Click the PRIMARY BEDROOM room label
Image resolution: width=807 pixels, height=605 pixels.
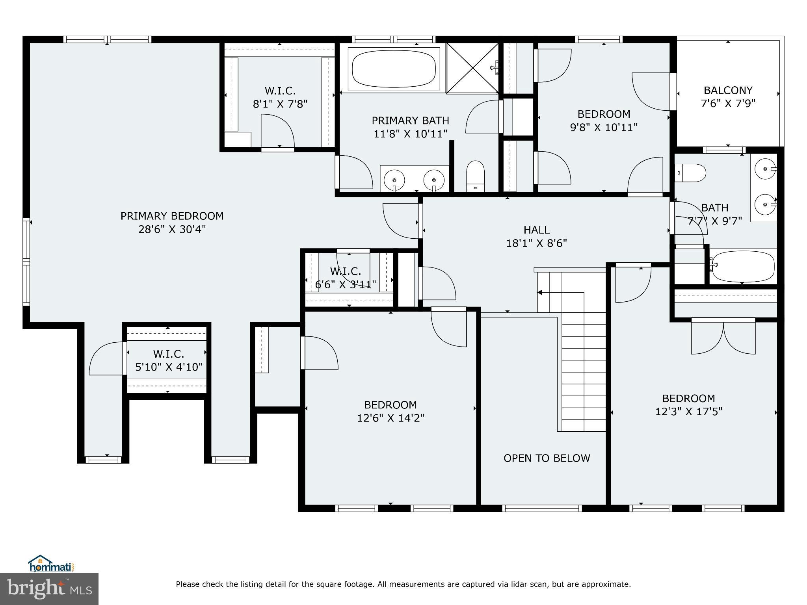point(172,216)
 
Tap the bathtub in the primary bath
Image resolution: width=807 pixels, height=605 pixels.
point(394,70)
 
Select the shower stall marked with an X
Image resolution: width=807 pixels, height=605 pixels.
point(472,69)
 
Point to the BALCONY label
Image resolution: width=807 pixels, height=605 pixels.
point(728,91)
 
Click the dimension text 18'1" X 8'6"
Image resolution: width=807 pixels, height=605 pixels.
point(536,243)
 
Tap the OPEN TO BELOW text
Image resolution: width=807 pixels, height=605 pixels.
point(547,458)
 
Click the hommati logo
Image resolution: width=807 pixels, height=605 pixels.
point(51,564)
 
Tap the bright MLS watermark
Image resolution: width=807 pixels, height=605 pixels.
point(49,588)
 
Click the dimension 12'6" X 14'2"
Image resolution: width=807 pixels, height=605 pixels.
point(390,418)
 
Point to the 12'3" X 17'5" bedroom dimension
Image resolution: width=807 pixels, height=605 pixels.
point(688,412)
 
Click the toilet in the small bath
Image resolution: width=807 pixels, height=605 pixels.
point(690,173)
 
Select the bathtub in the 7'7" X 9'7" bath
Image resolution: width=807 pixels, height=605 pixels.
point(743,266)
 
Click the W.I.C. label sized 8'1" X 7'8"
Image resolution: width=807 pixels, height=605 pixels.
point(280,91)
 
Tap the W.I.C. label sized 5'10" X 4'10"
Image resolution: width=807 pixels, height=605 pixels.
point(168,354)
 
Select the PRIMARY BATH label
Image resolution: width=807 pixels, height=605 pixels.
point(410,121)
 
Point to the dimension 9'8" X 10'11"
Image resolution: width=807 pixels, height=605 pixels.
point(604,128)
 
